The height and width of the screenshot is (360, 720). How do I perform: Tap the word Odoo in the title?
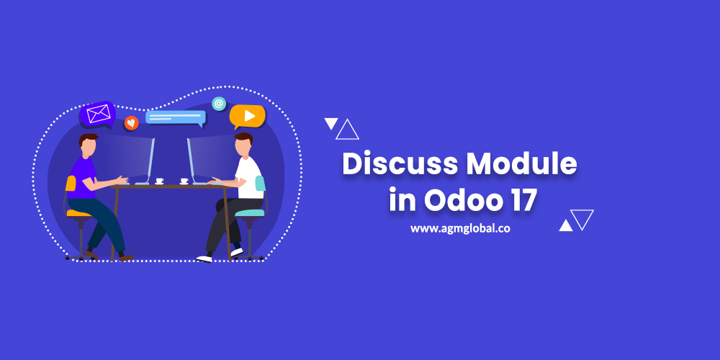click(462, 201)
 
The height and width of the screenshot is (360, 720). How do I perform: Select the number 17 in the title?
click(522, 201)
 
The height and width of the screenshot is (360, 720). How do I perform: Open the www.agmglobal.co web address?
click(460, 228)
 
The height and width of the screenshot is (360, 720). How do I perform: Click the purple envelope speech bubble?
click(97, 114)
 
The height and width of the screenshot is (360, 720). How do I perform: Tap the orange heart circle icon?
click(131, 122)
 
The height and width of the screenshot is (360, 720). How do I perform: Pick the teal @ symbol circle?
click(219, 103)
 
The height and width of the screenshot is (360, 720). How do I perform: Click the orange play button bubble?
click(248, 117)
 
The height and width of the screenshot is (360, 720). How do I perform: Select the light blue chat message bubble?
click(176, 117)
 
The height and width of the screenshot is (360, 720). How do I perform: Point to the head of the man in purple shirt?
click(88, 145)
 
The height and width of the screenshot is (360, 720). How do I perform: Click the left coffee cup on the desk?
click(159, 181)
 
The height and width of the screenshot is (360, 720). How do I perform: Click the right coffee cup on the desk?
click(184, 181)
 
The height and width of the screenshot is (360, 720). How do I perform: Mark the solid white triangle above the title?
click(330, 124)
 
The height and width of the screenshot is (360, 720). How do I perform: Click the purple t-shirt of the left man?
click(83, 178)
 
